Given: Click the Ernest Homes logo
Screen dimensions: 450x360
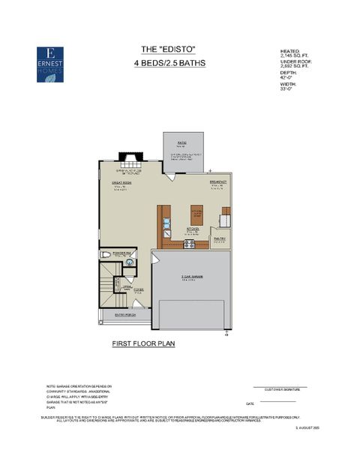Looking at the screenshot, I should point(51,64).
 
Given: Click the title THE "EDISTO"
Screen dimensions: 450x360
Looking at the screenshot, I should point(169,49).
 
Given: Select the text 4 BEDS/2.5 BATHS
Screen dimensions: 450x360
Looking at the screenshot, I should point(169,63).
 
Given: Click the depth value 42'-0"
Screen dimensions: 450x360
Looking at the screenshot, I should point(286,77).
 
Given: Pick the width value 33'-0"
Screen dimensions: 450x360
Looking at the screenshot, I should point(286,88).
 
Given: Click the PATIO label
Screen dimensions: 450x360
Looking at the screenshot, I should point(181,142).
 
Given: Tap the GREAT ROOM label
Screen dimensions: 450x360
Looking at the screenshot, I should point(122,182).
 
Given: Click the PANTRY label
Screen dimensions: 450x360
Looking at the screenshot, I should point(220,238).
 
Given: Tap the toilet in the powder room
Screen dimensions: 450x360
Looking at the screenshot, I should point(106,255).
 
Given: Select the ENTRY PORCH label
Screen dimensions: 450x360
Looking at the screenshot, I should point(124,315).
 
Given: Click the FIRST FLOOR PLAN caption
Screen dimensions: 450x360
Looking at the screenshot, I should point(144,343).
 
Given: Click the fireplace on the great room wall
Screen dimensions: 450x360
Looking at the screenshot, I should point(130,161).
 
